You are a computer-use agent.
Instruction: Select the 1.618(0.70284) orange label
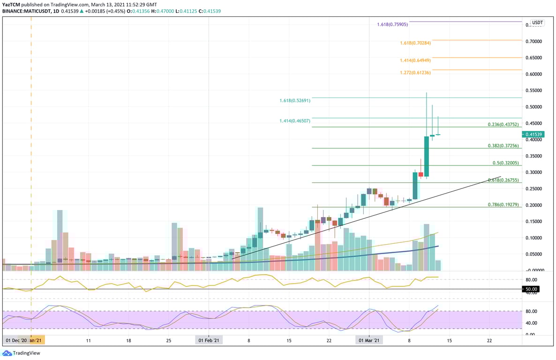415,43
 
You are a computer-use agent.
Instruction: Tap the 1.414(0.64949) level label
415,60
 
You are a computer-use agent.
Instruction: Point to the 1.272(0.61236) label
415,73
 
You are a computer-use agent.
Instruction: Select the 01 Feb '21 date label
209,341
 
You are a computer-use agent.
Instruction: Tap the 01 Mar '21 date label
369,341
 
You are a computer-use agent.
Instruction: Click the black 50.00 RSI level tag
531,289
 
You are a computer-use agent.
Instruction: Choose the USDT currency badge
537,22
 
